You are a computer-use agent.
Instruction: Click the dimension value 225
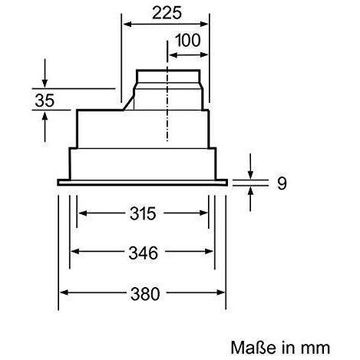[167, 13]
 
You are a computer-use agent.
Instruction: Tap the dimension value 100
[188, 40]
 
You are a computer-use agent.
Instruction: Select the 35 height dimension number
[45, 101]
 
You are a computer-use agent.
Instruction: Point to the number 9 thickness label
[282, 183]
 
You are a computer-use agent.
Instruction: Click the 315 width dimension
[143, 213]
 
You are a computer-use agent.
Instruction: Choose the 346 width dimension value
[144, 253]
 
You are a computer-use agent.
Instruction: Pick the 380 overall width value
[145, 294]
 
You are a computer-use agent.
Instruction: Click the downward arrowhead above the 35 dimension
[45, 84]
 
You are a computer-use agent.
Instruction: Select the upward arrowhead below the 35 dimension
[45, 117]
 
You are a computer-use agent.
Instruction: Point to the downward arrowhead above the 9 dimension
[250, 174]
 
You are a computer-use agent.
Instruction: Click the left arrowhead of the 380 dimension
[64, 292]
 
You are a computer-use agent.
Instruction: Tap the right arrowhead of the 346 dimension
[209, 252]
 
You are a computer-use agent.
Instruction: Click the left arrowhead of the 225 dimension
[127, 25]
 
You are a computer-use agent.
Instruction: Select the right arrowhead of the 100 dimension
[204, 54]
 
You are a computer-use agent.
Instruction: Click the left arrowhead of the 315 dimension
[83, 213]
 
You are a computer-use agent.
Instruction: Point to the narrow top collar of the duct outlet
[168, 76]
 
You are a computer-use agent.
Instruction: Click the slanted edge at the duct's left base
[129, 103]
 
